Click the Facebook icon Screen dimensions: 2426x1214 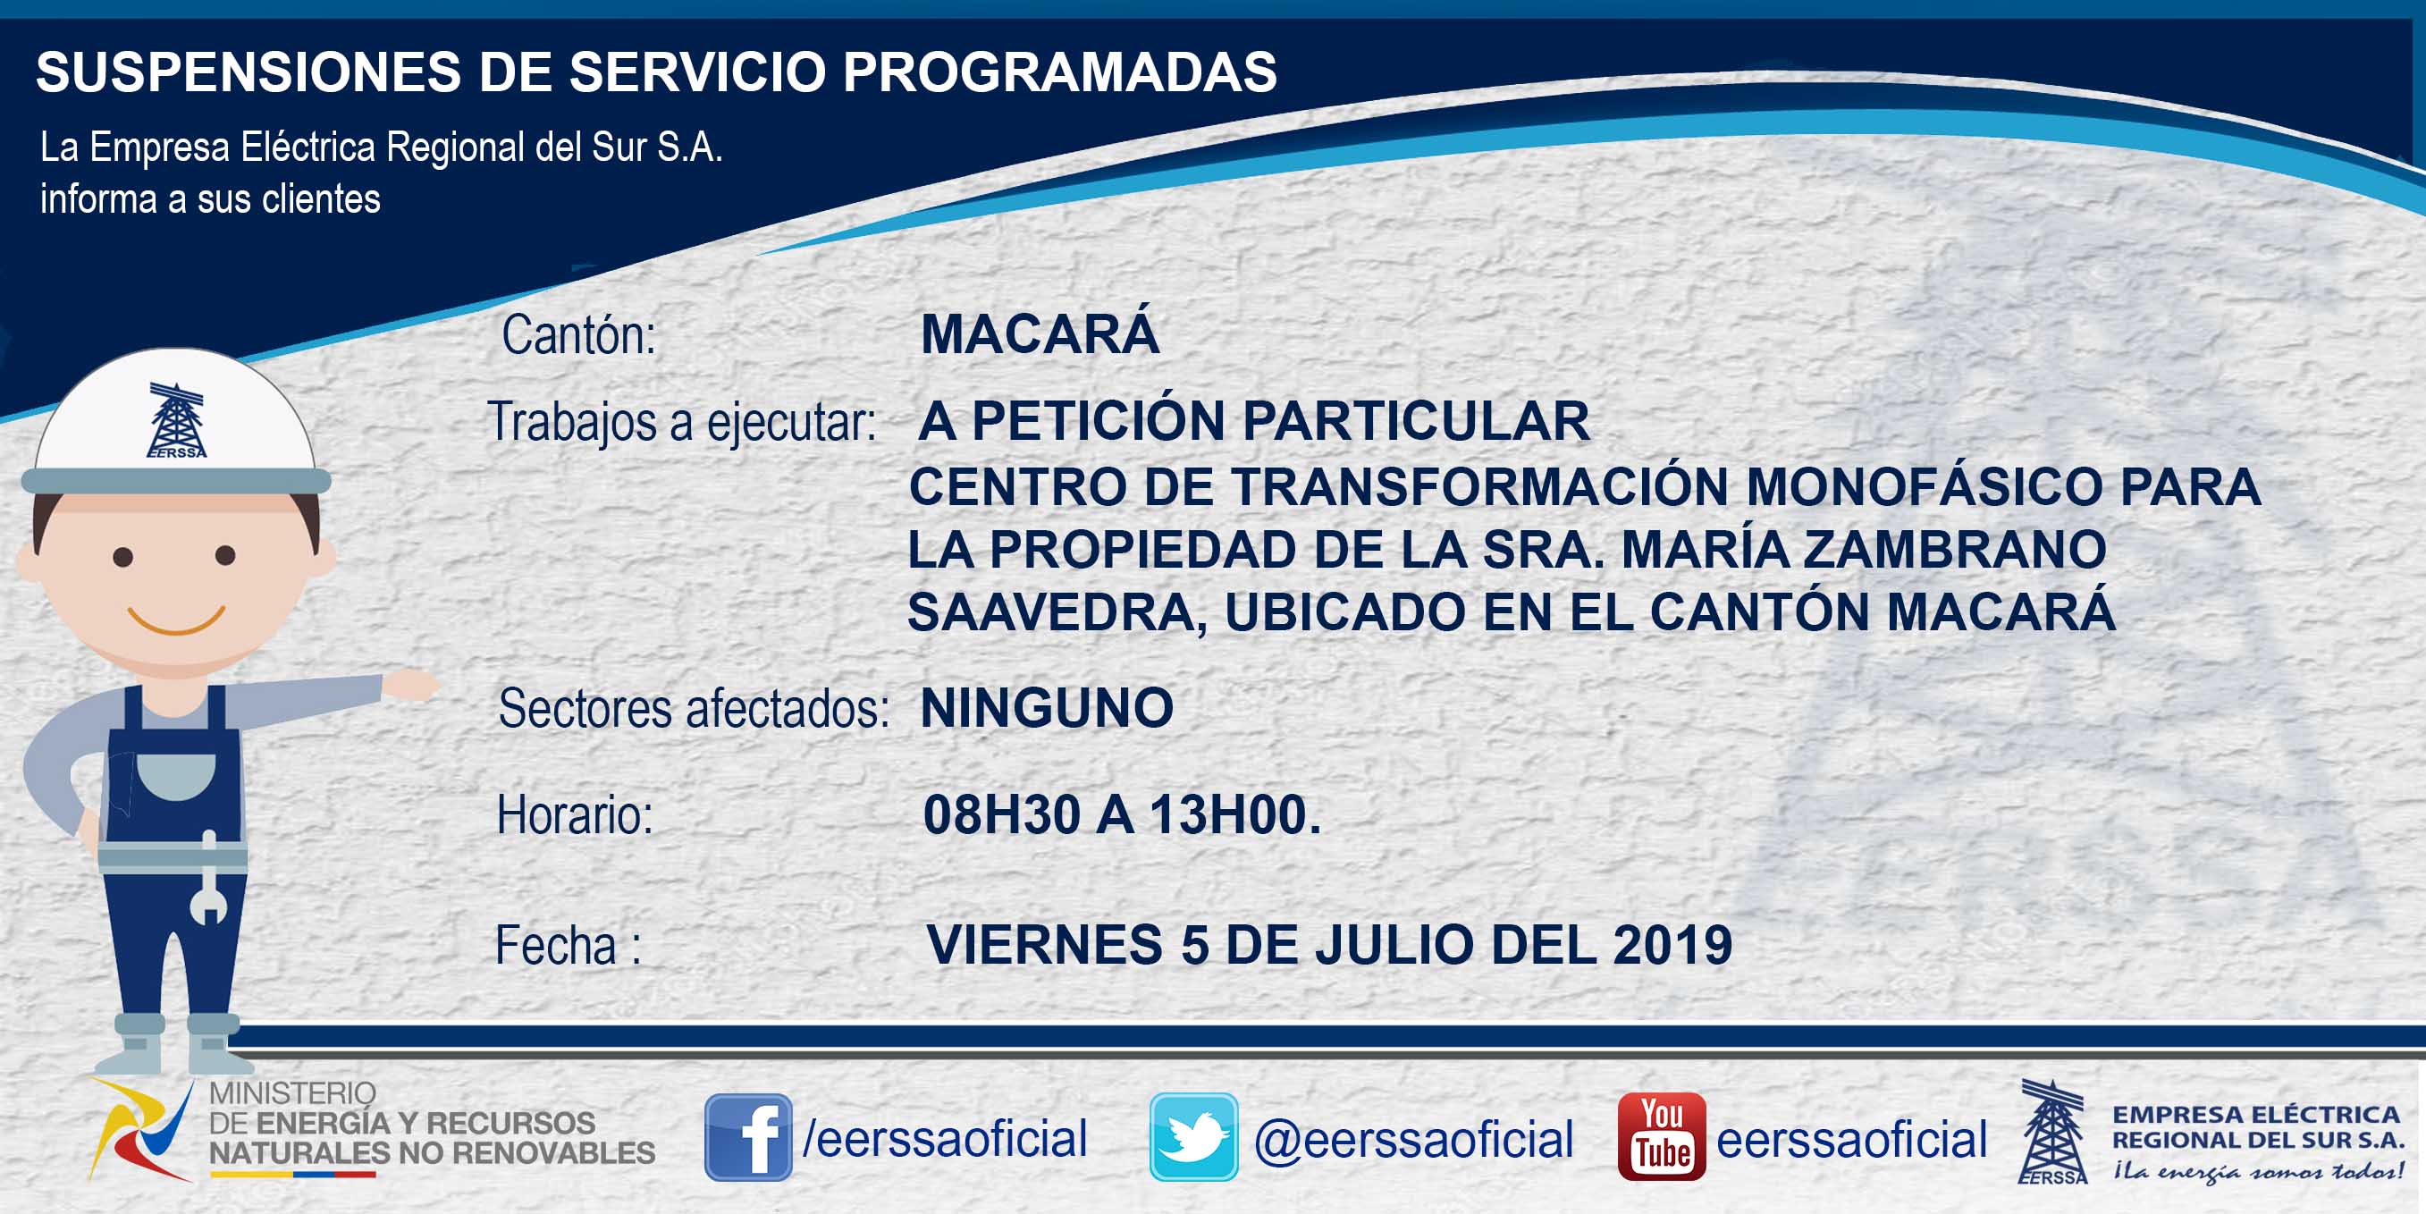[749, 1137]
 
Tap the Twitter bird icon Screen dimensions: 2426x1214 [1193, 1137]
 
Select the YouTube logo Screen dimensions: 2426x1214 [1661, 1137]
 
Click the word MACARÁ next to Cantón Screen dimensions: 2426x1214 [1040, 333]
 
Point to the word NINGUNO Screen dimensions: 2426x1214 [1047, 707]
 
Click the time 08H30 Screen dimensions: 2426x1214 [1001, 814]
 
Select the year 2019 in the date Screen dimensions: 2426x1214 [1672, 945]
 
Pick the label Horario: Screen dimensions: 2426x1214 [575, 814]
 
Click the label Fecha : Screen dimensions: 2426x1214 [568, 946]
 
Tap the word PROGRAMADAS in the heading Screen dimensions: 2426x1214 [1059, 72]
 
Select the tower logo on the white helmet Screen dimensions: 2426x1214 [176, 420]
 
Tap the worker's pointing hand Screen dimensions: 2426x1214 [410, 685]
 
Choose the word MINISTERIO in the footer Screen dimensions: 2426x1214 [292, 1092]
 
